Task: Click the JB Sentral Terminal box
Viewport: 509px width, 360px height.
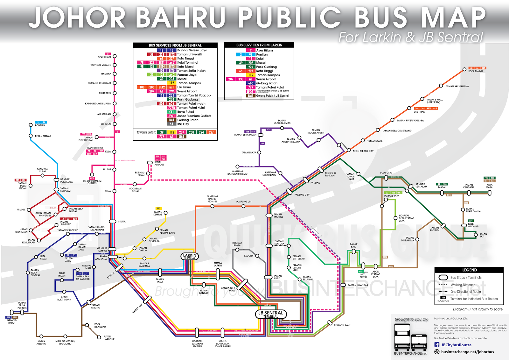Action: pyautogui.click(x=271, y=314)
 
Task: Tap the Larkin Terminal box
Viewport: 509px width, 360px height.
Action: pyautogui.click(x=190, y=256)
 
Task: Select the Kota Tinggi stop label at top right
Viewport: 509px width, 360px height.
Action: pyautogui.click(x=476, y=71)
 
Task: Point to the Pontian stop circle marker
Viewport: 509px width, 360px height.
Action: pyautogui.click(x=31, y=125)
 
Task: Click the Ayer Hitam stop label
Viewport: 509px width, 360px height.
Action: pyautogui.click(x=104, y=57)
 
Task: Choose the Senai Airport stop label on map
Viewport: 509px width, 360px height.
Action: pyautogui.click(x=159, y=163)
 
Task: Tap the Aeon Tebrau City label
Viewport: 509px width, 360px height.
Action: pyautogui.click(x=363, y=151)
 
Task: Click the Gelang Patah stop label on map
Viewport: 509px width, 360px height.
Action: pyautogui.click(x=12, y=321)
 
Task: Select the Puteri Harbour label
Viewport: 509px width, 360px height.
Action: pyautogui.click(x=109, y=338)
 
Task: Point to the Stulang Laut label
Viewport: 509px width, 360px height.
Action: pyautogui.click(x=342, y=325)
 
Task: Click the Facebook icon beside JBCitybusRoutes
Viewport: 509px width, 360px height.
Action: pyautogui.click(x=437, y=345)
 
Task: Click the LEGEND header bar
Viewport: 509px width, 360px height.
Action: pyautogui.click(x=469, y=270)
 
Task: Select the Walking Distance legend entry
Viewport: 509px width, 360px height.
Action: pyautogui.click(x=463, y=285)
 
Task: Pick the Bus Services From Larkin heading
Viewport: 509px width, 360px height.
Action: pyautogui.click(x=259, y=45)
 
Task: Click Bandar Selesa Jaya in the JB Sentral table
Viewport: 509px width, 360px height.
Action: pyautogui.click(x=192, y=50)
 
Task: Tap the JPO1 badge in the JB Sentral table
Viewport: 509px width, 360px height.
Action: pyautogui.click(x=171, y=116)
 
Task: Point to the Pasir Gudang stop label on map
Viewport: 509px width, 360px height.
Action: pyautogui.click(x=473, y=225)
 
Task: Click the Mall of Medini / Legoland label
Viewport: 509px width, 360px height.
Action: pyautogui.click(x=65, y=342)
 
